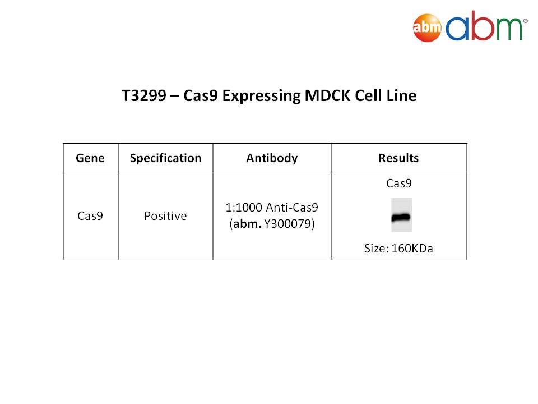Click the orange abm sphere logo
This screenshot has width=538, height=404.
pos(427,28)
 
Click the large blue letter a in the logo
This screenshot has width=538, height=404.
pos(457,28)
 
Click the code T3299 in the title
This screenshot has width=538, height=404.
pos(144,95)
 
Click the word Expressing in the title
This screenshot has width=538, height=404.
pos(262,96)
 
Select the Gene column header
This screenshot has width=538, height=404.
pos(90,158)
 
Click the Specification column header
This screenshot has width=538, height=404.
pos(165,158)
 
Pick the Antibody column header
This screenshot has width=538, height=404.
pos(272,158)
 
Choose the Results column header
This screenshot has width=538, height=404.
pos(398,158)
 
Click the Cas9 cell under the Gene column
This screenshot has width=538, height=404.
pos(90,215)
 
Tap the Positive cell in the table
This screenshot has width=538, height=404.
pos(165,215)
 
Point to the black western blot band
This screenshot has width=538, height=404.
pos(401,218)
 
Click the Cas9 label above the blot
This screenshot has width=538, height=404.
pos(398,183)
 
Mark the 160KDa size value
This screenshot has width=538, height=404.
pos(412,249)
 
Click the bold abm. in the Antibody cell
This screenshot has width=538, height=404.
pos(247,224)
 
